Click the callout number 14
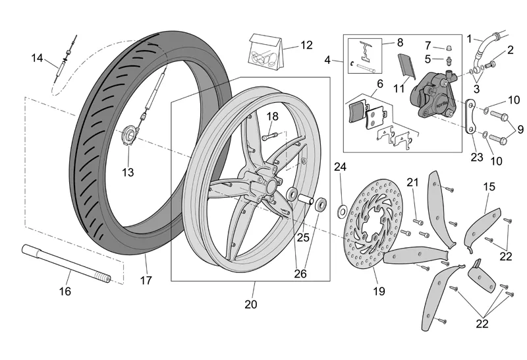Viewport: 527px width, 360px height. click(x=37, y=58)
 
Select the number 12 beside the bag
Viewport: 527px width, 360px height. click(x=307, y=45)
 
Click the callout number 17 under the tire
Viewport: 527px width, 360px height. click(x=146, y=280)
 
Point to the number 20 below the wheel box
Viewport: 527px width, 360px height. click(x=251, y=304)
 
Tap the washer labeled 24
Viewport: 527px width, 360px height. click(x=343, y=210)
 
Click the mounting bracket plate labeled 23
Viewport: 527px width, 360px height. click(x=470, y=119)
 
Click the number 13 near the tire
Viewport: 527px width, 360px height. click(x=127, y=172)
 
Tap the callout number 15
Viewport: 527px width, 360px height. click(x=489, y=187)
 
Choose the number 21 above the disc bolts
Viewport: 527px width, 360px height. click(x=412, y=182)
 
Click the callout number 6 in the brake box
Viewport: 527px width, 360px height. click(x=379, y=84)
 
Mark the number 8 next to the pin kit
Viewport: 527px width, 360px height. click(x=400, y=42)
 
